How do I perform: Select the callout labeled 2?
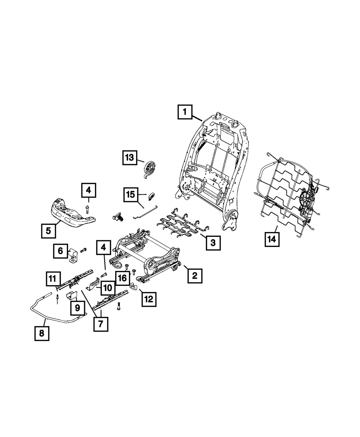coord(194,276)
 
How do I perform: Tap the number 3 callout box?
coord(213,243)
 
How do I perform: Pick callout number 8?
coord(41,334)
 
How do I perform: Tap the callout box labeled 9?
coord(77,308)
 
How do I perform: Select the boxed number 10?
coord(108,288)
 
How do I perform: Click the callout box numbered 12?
coord(149,298)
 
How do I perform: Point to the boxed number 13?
coord(129,158)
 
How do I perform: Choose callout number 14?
coord(272,239)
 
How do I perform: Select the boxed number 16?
coord(122,277)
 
